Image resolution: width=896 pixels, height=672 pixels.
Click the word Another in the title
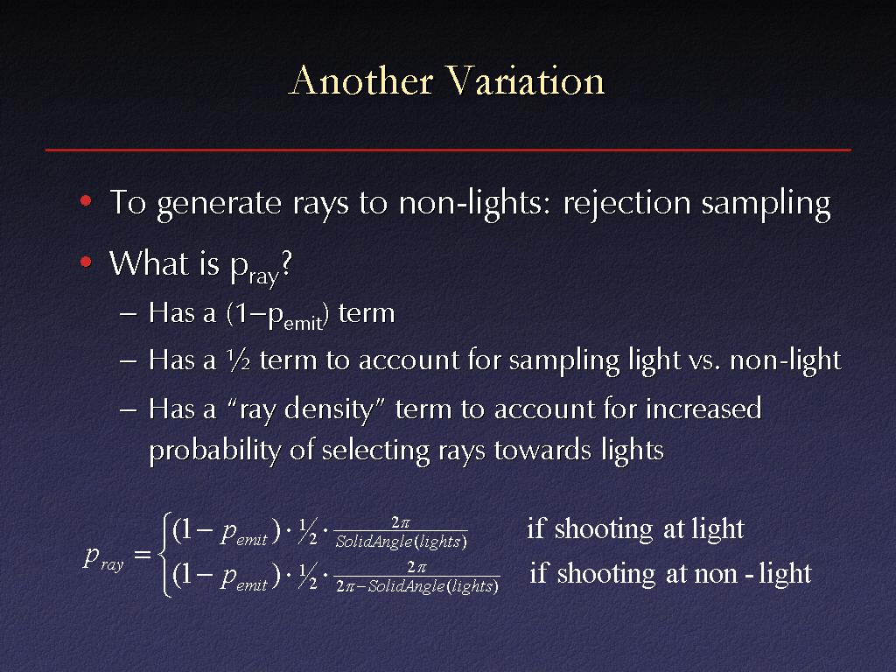tap(360, 80)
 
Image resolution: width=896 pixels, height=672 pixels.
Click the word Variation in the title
tap(525, 80)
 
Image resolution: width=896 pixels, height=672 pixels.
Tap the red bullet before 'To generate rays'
tap(87, 200)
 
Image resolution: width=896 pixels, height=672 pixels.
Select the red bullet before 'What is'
tap(87, 262)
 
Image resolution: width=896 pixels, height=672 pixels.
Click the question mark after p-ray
tap(287, 262)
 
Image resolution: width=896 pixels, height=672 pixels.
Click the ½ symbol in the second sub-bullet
tap(238, 360)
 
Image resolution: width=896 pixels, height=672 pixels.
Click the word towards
tap(542, 451)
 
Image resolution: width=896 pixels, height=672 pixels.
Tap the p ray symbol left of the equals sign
tap(103, 557)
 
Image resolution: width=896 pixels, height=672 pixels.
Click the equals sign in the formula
tap(143, 554)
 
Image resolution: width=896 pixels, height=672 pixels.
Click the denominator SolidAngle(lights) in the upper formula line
tap(401, 542)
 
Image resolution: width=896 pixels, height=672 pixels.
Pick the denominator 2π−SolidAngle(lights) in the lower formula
tap(417, 586)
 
